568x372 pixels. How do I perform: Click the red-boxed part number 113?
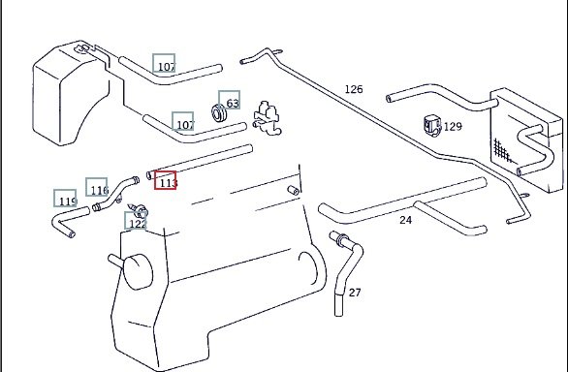pos(166,180)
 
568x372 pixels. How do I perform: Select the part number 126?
pos(354,89)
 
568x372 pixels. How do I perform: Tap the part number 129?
pos(453,126)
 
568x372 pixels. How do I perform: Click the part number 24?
pos(406,220)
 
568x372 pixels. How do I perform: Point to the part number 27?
pos(355,293)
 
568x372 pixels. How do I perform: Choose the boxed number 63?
pos(230,100)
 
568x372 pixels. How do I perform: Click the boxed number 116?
pos(97,187)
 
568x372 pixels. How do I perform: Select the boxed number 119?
pos(65,199)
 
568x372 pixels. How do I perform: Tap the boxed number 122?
pos(136,221)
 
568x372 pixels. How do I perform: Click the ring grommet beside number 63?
pos(219,113)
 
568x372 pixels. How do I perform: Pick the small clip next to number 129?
pos(432,126)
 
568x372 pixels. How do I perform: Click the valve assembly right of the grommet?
pos(267,118)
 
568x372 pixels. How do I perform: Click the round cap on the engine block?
pos(138,271)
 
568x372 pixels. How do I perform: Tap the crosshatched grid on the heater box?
pos(502,150)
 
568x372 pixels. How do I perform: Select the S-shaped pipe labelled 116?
pos(115,194)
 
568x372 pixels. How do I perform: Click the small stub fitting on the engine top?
pos(294,190)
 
